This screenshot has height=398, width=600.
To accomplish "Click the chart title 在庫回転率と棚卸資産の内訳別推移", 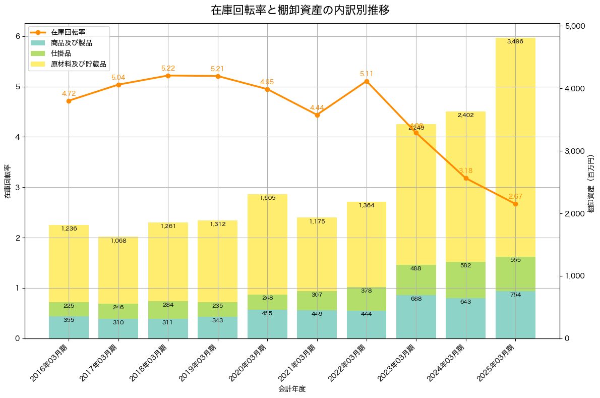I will pos(300,10).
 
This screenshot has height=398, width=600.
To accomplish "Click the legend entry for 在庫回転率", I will pos(71,32).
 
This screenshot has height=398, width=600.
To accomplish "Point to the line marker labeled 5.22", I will pos(168,76).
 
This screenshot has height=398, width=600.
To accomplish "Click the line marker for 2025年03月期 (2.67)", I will pos(515,204).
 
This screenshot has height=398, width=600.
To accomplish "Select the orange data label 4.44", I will pos(317,108).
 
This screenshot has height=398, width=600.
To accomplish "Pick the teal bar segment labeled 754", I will pos(515,315).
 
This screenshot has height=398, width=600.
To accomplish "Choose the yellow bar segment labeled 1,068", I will pos(118,270).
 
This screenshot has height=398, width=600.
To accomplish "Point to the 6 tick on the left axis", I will pos(17,36).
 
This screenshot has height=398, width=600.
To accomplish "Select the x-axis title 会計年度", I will pos(292,389).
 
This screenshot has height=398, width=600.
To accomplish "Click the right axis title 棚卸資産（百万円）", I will pos(591,181).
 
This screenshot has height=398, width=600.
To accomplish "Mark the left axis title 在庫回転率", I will pos(7,181).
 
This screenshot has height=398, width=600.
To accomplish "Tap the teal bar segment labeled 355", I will pos(69,327).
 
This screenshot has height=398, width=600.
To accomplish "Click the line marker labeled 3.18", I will pos(466,178).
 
